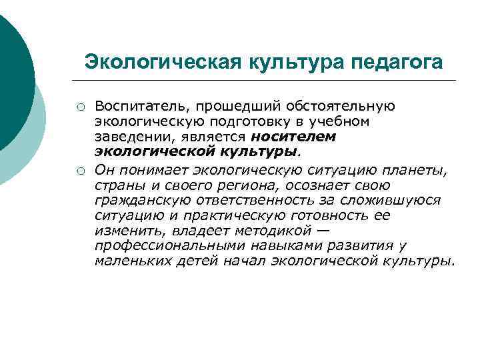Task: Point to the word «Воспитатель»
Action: coord(137,106)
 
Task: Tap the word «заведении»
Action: coord(133,136)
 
